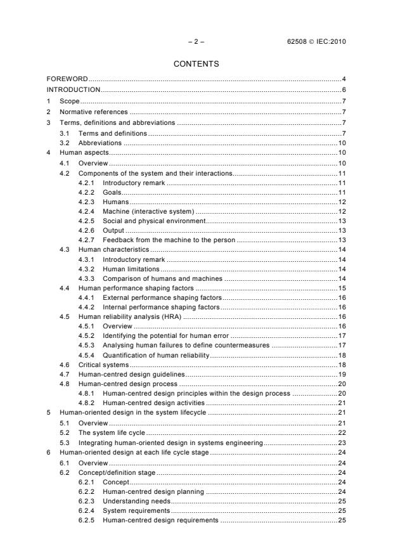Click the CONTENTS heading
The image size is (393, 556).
(x=196, y=63)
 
